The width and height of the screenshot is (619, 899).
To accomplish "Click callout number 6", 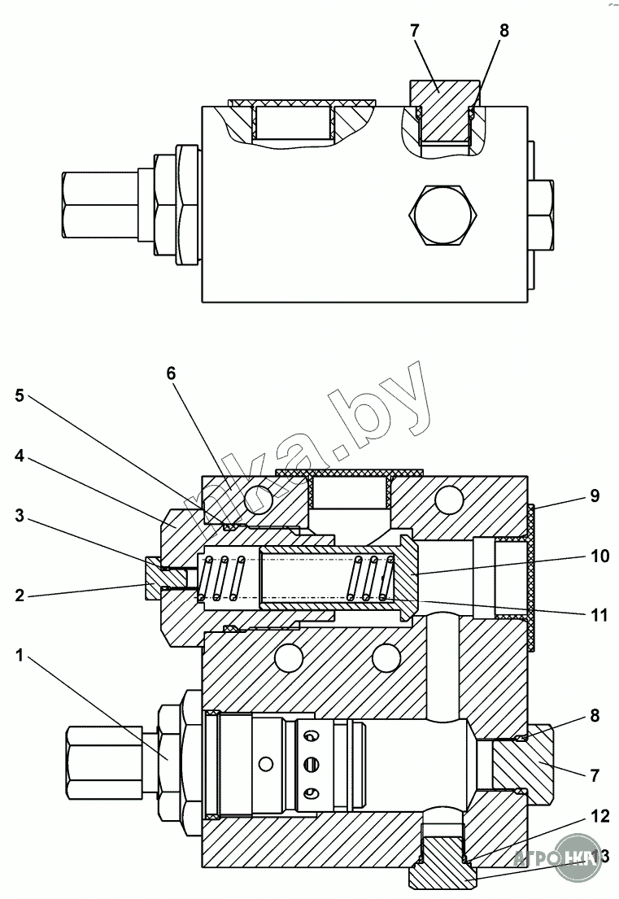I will (x=170, y=373).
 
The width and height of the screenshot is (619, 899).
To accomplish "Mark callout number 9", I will (x=595, y=495).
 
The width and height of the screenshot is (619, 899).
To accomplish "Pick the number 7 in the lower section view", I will (x=595, y=775).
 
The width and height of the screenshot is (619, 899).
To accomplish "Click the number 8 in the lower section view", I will (x=595, y=716).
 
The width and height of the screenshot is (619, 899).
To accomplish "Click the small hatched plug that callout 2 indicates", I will (x=155, y=578).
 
